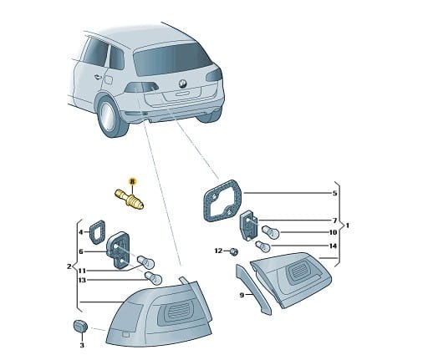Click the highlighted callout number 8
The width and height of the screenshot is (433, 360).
[132, 182]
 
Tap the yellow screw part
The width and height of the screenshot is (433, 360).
[130, 200]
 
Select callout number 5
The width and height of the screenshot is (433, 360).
[334, 193]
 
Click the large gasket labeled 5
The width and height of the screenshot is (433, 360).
[222, 200]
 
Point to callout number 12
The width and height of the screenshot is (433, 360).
[218, 251]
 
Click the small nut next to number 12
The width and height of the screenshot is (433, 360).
[234, 252]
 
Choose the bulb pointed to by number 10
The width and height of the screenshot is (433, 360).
[271, 231]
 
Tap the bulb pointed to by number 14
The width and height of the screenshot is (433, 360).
[263, 246]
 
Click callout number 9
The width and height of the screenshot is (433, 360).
[242, 295]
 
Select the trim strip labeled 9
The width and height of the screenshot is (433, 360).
[253, 289]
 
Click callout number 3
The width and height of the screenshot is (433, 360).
[82, 345]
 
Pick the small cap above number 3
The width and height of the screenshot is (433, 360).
[80, 327]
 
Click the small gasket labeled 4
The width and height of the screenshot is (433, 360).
[97, 232]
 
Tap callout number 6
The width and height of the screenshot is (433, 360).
[81, 251]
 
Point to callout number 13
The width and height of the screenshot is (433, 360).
[82, 280]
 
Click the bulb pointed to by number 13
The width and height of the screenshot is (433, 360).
[153, 277]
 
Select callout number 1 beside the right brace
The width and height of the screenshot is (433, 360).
[347, 226]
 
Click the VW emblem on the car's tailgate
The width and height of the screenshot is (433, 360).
[182, 84]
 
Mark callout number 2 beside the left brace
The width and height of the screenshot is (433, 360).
[69, 266]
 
